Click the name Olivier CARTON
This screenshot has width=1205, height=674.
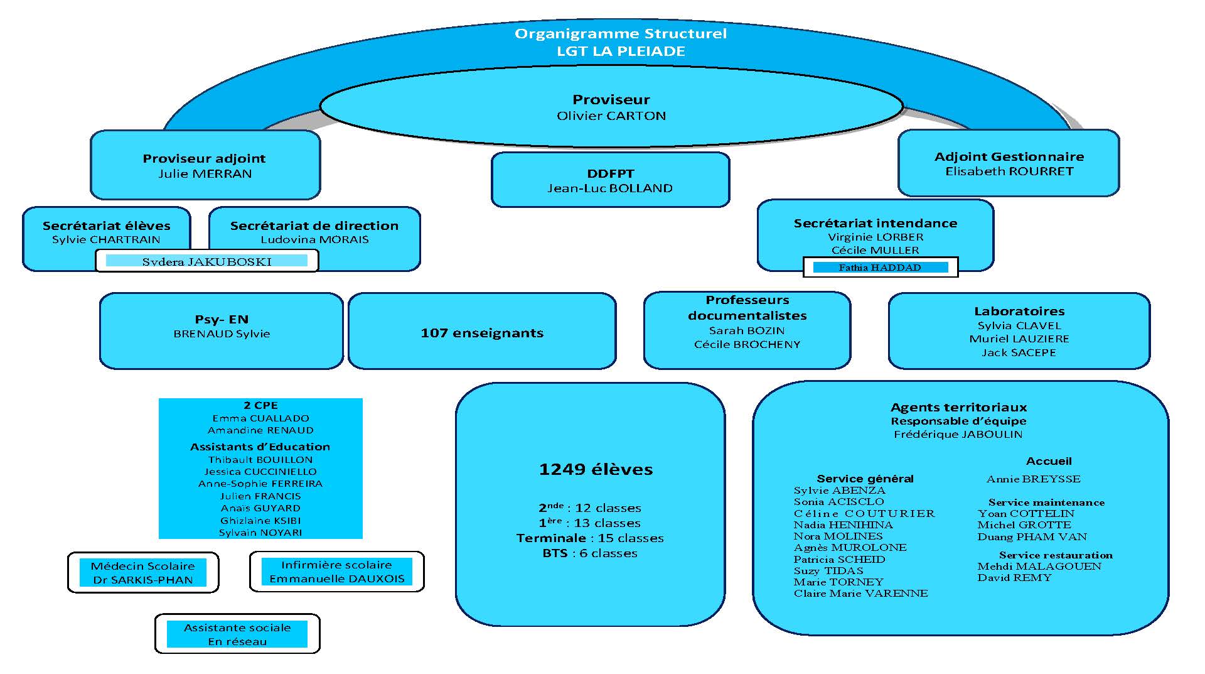[x=611, y=116]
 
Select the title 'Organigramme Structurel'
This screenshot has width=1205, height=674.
[x=620, y=34]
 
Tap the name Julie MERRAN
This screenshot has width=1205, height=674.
[x=205, y=174]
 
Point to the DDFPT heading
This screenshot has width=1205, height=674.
[x=610, y=173]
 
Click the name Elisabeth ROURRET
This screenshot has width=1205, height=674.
[x=1009, y=171]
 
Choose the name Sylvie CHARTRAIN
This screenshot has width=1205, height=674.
[x=106, y=240]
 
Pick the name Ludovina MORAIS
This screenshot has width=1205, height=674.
[x=314, y=240]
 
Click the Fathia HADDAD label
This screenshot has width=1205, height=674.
[x=880, y=268]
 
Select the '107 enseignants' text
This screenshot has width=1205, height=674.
[x=482, y=333]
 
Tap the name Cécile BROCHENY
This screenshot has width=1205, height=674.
[x=747, y=345]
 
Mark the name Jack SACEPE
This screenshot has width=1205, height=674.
[x=1019, y=353]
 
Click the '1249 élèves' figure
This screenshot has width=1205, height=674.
[x=596, y=470]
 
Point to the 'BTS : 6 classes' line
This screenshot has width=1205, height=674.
[x=590, y=553]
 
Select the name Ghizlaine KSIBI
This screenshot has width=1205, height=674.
[x=260, y=521]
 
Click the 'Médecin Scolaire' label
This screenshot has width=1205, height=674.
[x=143, y=566]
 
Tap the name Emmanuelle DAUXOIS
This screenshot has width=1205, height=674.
[x=337, y=579]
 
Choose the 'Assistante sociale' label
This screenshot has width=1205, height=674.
[x=237, y=628]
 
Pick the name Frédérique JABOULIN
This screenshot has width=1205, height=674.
[x=958, y=435]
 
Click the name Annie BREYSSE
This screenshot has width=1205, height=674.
[x=1033, y=479]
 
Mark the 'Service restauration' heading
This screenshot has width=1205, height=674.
[x=1056, y=555]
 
